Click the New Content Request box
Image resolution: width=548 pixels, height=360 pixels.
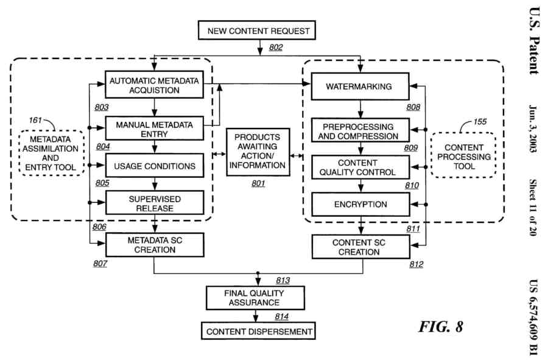pos(259,30)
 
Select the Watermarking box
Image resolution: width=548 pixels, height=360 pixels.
pos(359,86)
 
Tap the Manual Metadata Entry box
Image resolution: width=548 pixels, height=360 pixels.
pos(154,129)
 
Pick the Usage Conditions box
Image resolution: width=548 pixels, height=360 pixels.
pos(154,166)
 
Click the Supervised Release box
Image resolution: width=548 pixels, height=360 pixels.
pos(154,203)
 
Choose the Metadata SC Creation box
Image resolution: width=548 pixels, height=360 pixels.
pos(154,245)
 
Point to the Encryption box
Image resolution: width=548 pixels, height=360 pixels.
pos(360,204)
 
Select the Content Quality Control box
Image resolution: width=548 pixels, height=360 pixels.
pos(360,167)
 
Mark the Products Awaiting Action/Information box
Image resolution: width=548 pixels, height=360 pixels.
pos(258,151)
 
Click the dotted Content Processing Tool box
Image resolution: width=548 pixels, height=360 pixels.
pos(464,157)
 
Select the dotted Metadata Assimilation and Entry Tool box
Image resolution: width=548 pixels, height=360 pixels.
pos(51,153)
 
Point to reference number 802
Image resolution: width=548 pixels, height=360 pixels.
pos(276,48)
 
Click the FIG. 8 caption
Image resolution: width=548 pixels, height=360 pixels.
pos(440,326)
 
